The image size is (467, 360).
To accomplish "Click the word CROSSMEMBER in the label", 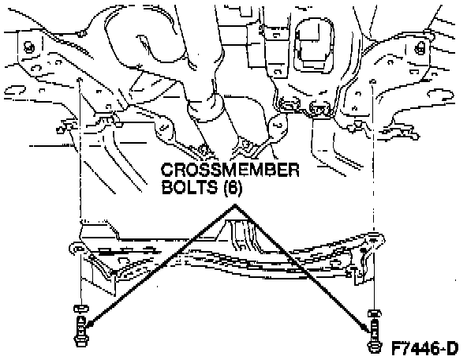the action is pos(230,170).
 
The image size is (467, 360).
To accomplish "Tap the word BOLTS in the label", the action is pos(189,187).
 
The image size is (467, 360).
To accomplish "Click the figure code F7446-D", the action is pos(424,348).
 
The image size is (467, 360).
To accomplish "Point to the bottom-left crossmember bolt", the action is pos(80,332).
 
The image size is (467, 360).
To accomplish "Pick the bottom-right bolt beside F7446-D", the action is pos(374,336).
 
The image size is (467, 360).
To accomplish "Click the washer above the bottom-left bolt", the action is pos(80,308).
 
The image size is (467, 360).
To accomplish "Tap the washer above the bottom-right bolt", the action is pos(375,313).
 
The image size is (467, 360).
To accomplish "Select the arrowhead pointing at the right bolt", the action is pos(365,327).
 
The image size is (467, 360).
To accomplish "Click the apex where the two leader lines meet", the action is pos(235,204).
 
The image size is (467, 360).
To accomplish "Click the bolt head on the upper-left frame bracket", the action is pos(29,47).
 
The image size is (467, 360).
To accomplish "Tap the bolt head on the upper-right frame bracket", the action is pos(420,48).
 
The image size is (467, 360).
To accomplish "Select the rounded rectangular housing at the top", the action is pos(314,45).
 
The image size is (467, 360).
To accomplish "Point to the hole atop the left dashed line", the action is pos(80,80).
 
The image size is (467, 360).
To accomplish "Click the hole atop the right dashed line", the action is pos(372,81).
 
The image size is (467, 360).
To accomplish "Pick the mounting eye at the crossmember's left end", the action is pos(77,248).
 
